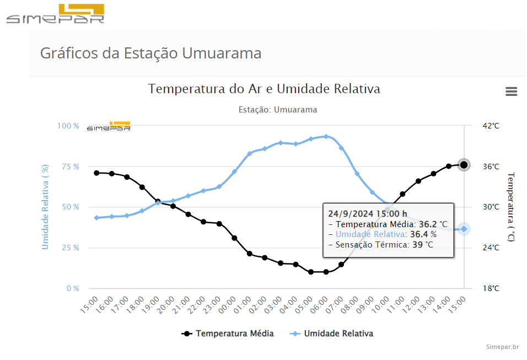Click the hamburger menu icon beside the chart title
click(511, 92)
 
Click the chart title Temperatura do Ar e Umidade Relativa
click(264, 89)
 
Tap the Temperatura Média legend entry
click(228, 334)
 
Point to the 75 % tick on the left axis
click(69, 166)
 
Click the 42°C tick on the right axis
click(491, 126)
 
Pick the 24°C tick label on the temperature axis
click(491, 248)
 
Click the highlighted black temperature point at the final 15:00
click(464, 165)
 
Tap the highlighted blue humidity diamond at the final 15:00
click(464, 229)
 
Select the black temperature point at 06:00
click(326, 272)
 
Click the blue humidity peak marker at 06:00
click(326, 137)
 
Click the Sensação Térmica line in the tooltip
click(380, 244)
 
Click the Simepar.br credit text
click(502, 347)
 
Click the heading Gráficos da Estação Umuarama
click(150, 53)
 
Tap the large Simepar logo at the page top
click(55, 14)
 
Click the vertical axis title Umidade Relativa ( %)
click(46, 207)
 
